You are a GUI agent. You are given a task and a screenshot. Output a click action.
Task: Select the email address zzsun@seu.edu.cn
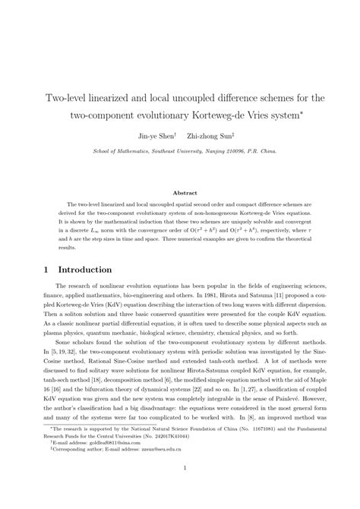click(156, 468)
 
